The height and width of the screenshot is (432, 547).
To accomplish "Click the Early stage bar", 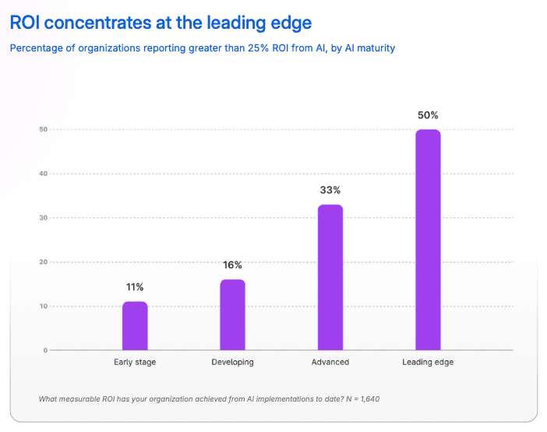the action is (135, 326).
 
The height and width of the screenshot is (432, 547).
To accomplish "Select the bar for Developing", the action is (233, 315).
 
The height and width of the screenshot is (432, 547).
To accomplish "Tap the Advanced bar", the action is (330, 278).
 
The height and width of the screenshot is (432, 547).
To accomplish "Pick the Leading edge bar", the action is (428, 239).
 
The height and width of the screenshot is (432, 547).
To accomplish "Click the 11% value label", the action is (135, 287).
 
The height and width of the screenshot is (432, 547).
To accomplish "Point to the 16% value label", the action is (233, 265).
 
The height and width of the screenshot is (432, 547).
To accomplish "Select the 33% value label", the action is (330, 190).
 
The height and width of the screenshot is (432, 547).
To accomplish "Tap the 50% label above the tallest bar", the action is (428, 115).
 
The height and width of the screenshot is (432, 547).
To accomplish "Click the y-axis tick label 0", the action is (45, 350).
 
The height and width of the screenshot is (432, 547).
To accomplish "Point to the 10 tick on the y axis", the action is (44, 306).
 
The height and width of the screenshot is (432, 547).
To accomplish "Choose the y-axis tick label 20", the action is (44, 262).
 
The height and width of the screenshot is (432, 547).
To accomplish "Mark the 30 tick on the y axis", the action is (44, 218).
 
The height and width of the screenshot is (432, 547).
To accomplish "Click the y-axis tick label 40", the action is (44, 174).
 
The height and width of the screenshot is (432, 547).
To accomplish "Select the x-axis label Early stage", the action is (135, 362).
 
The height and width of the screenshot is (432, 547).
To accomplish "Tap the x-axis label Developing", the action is (233, 362).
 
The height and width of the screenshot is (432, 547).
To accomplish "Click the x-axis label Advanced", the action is (330, 362).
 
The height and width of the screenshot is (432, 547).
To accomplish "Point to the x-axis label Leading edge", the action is (428, 362).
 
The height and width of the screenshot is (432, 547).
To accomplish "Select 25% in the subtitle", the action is (258, 48).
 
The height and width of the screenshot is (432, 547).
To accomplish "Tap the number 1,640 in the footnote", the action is (370, 398).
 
